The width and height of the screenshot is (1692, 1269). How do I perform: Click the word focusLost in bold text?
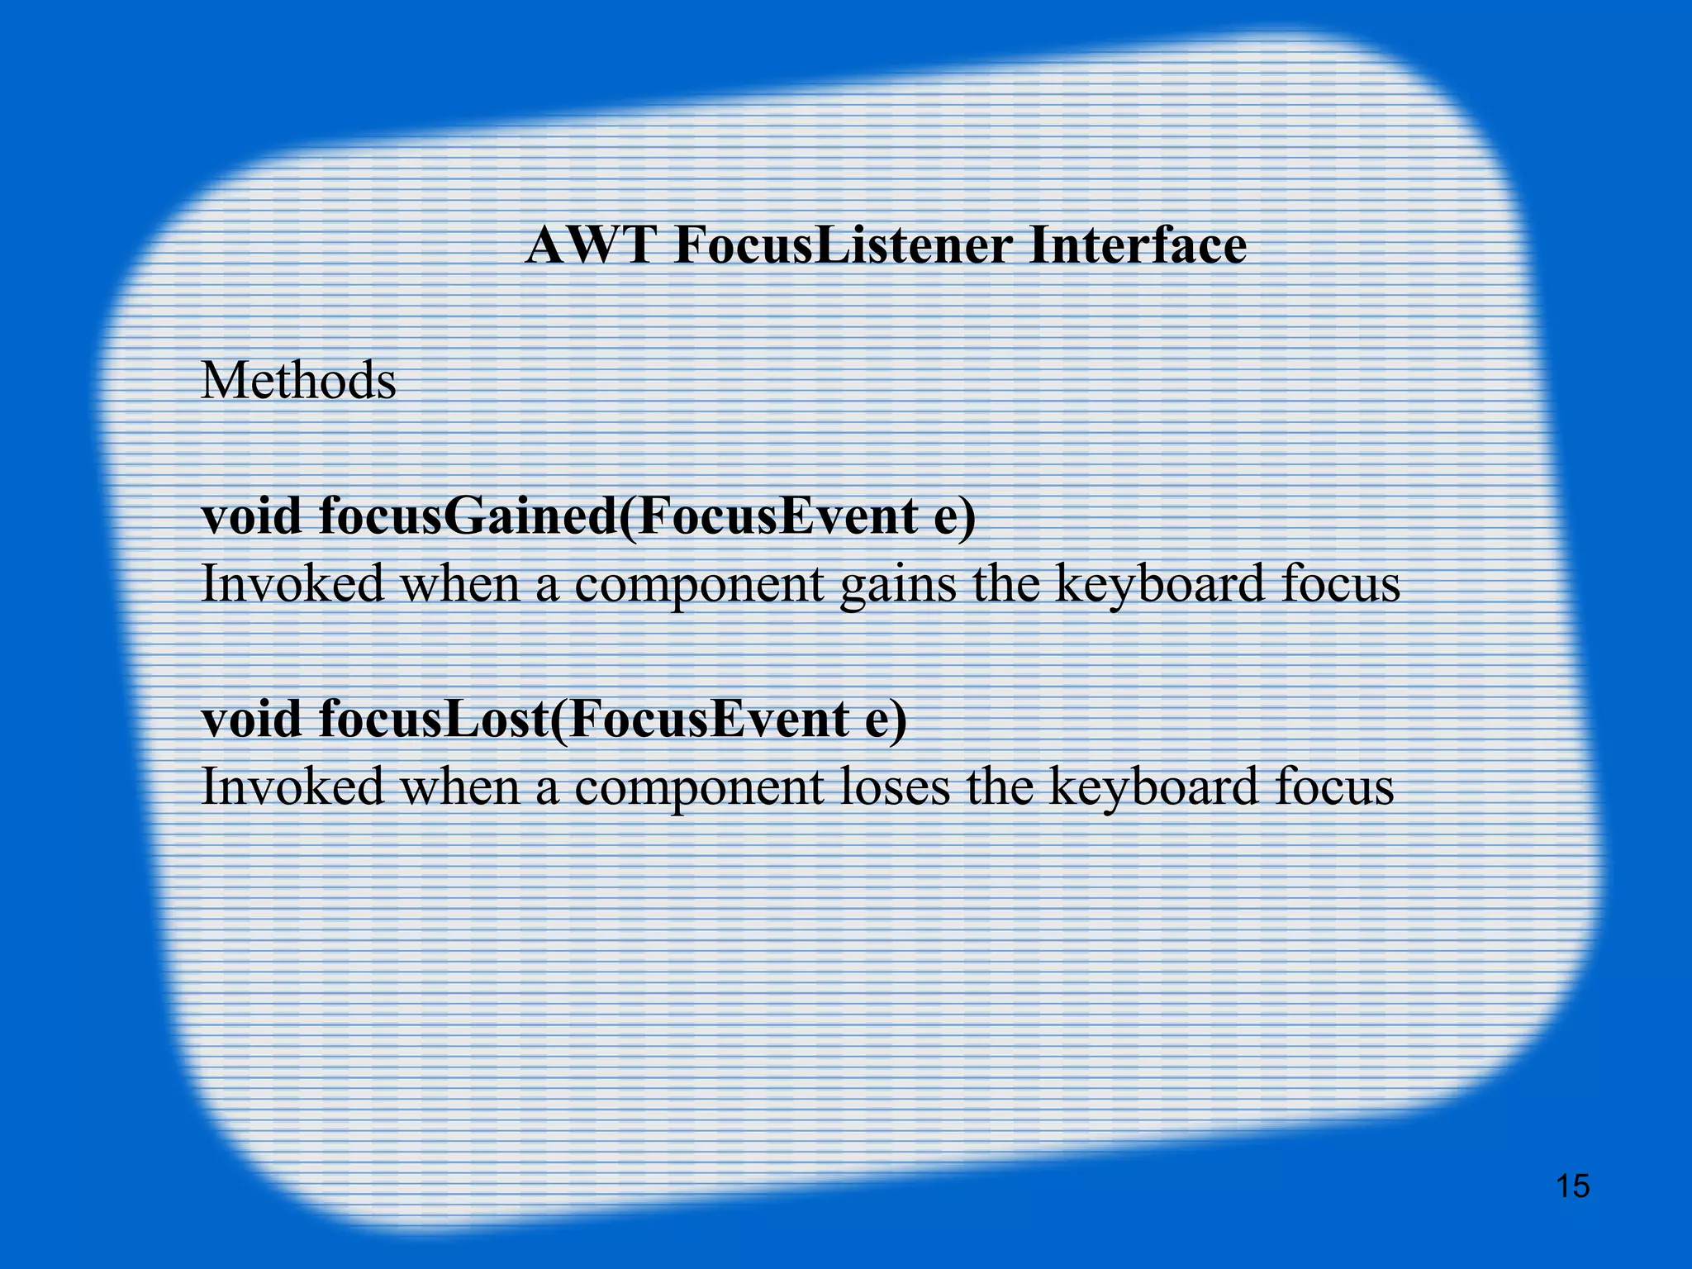[x=434, y=718]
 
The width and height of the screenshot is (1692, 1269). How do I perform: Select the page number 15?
[x=1572, y=1186]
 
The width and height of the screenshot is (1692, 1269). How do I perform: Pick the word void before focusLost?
[x=251, y=718]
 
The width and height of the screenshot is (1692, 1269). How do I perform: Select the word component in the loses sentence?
[x=699, y=787]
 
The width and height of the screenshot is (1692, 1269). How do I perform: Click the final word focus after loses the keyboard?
[x=1333, y=786]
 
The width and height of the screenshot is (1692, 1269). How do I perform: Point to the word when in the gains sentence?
[x=459, y=584]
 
